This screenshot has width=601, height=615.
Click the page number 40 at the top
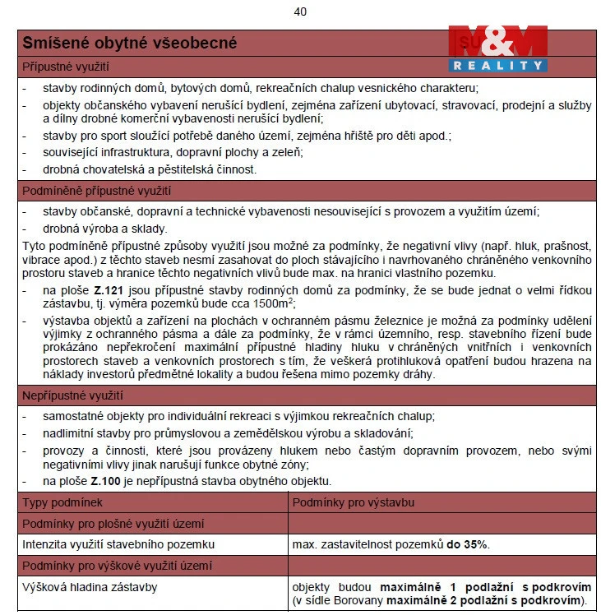[300, 12]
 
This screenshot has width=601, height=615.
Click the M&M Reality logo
[497, 48]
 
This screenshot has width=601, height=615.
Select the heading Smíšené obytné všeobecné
[129, 43]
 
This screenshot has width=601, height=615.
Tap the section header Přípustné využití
[66, 67]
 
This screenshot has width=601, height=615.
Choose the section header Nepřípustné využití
[72, 395]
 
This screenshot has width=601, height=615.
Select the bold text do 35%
[468, 544]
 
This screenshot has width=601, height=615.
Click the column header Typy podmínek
[62, 502]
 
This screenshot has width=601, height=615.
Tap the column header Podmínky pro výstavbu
[354, 502]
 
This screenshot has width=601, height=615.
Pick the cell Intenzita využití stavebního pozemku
[118, 544]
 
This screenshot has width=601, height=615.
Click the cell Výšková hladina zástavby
[90, 587]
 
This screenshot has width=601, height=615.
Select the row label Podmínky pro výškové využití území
[117, 566]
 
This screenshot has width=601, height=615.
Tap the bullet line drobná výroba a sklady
[104, 229]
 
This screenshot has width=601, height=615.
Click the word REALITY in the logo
[497, 65]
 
